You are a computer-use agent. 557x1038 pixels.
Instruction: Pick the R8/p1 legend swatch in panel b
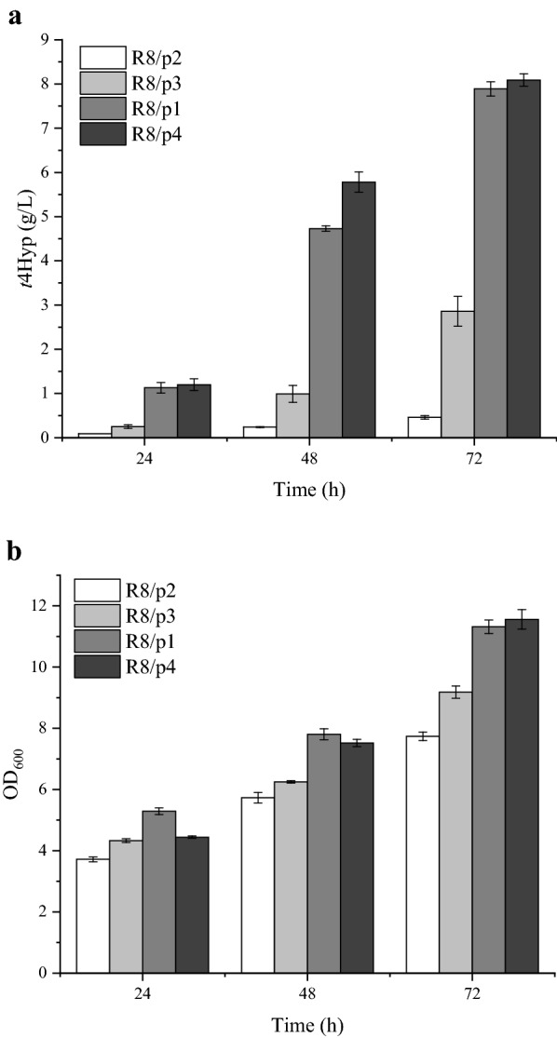[x=97, y=642]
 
